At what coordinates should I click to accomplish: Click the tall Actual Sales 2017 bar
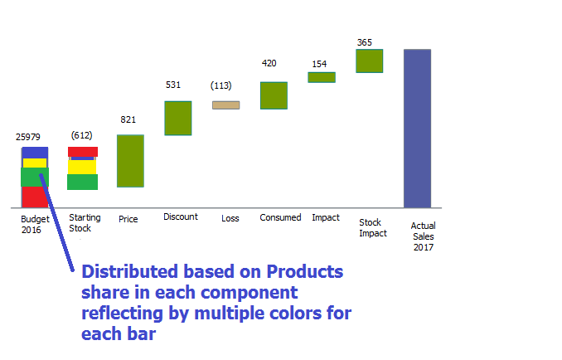pos(417,128)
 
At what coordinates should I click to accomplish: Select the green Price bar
pos(130,161)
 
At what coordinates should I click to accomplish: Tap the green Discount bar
pos(177,118)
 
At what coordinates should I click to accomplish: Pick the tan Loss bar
pos(225,105)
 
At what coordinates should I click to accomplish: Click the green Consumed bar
pos(274,95)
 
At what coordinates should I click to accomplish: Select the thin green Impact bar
pos(322,77)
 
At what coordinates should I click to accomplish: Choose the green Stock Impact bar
pos(369,61)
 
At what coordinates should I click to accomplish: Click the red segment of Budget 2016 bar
pos(34,197)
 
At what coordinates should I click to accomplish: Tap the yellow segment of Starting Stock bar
pos(82,167)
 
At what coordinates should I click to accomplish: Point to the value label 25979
pos(28,137)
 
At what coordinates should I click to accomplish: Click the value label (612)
pos(81,135)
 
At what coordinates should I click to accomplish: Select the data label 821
pos(128,119)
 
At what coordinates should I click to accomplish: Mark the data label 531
pos(173,85)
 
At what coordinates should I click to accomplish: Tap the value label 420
pos(269,63)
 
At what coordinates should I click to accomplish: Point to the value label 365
pos(365,42)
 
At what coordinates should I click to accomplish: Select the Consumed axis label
pos(280,217)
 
